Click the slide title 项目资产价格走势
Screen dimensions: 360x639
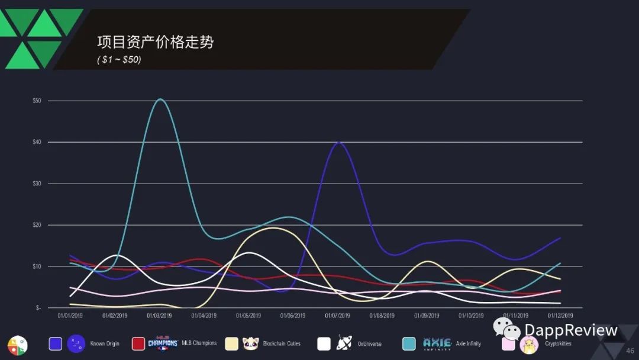(155, 42)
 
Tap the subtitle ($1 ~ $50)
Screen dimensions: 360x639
(119, 60)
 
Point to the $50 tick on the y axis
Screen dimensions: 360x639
(37, 101)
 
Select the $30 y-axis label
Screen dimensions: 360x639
(37, 184)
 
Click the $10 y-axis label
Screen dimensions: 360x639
(37, 266)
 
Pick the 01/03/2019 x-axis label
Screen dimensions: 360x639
(159, 316)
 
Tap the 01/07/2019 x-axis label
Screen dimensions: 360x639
(337, 316)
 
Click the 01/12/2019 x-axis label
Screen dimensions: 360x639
(560, 316)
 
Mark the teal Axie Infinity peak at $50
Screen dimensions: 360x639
(160, 99)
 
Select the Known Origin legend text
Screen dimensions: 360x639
(105, 343)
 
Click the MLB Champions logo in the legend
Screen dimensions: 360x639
(163, 343)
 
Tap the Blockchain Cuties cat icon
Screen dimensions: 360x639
(251, 343)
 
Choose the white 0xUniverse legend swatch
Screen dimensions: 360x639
(324, 343)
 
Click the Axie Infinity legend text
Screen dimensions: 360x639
(468, 343)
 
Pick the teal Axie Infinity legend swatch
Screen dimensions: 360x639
(409, 343)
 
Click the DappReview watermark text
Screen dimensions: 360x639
(570, 330)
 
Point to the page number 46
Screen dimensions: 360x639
(630, 351)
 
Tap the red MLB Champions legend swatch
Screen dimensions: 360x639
(138, 343)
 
